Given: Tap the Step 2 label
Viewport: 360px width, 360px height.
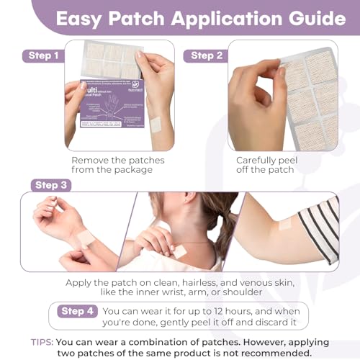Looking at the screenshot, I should tap(207, 55).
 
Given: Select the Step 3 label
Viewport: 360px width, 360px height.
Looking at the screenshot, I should tap(51, 185).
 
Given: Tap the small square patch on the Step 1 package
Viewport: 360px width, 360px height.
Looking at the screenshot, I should tap(156, 124).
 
